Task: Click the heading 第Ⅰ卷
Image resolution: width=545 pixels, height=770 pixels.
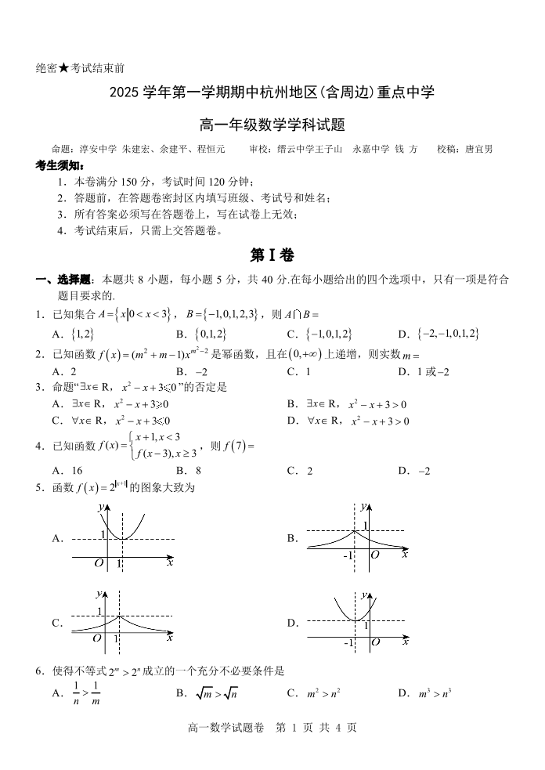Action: click(x=272, y=255)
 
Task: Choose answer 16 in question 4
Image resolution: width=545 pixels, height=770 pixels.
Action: click(x=76, y=471)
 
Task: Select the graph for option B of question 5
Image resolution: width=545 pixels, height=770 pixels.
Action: click(x=356, y=538)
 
